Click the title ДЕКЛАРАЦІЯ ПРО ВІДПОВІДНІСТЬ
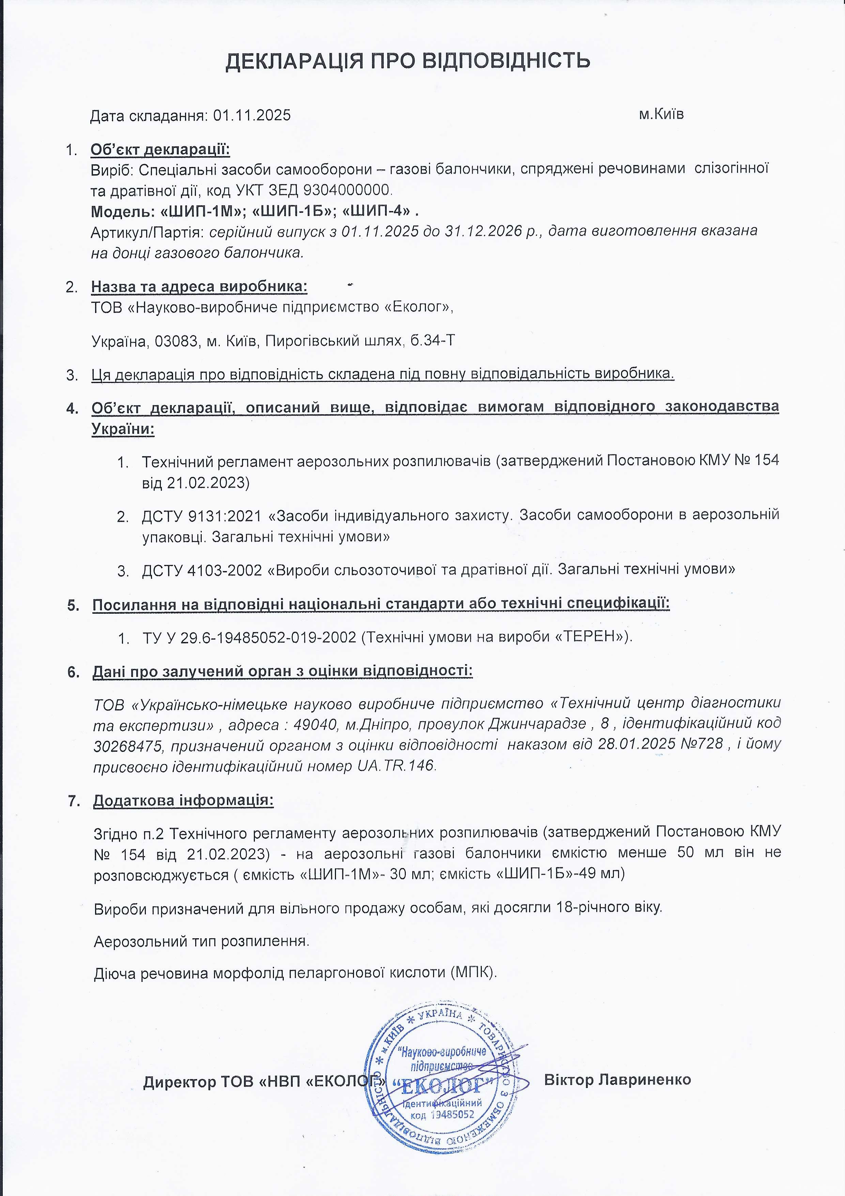tap(408, 61)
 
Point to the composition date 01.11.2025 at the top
tap(252, 115)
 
